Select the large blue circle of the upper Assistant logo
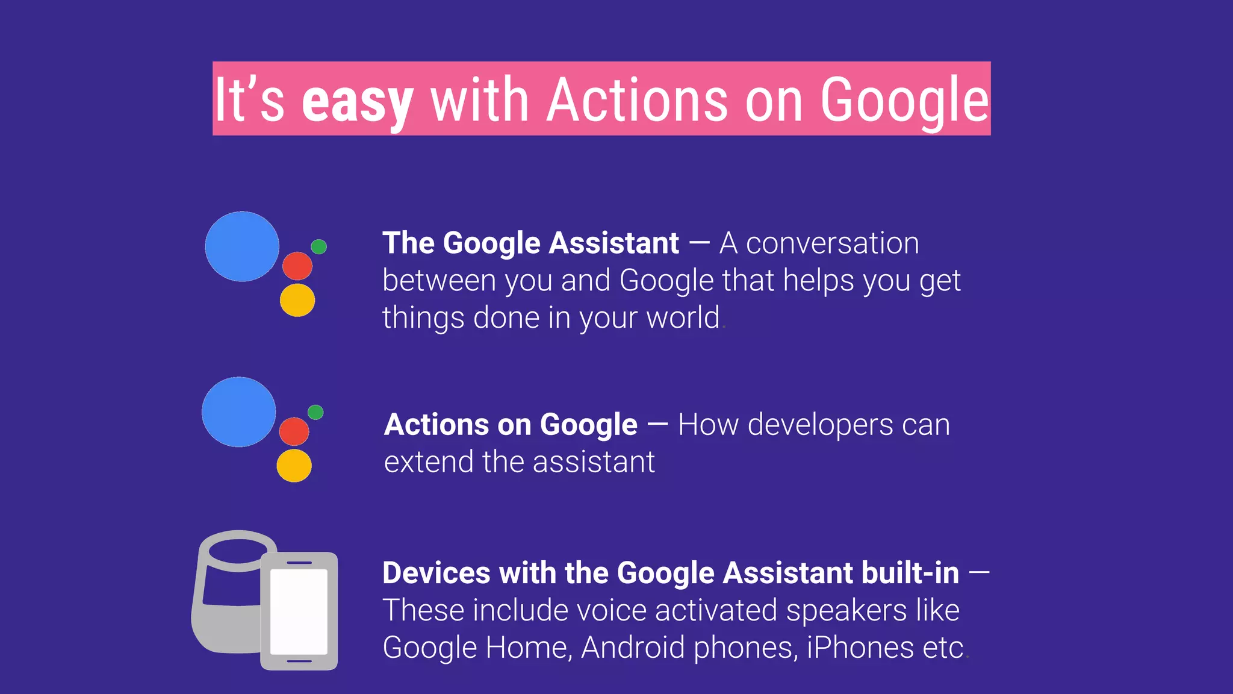click(242, 246)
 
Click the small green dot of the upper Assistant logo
click(318, 246)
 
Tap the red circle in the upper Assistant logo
click(297, 266)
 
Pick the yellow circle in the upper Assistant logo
click(297, 300)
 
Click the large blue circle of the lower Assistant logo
click(239, 412)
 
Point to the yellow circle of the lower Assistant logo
click(294, 465)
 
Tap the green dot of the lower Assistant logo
click(315, 412)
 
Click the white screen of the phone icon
click(299, 611)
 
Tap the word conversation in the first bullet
click(832, 243)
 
